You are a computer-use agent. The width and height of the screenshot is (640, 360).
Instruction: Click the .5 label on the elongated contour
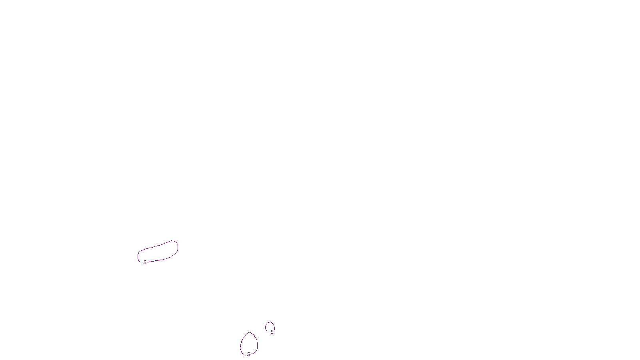[144, 262]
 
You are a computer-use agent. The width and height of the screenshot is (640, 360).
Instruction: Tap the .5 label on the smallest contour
[272, 332]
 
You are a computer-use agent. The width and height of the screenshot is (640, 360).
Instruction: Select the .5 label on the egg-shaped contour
[248, 354]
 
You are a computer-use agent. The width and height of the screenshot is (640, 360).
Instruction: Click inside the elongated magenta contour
[158, 253]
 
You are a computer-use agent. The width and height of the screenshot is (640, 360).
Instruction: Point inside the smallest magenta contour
[270, 326]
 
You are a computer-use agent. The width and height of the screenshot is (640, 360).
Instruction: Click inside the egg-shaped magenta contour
[249, 344]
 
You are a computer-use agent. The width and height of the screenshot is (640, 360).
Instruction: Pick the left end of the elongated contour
[138, 256]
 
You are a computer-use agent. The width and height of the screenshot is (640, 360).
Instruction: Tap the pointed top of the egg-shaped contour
[250, 332]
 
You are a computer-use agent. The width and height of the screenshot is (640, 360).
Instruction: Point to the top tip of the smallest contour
[270, 322]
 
